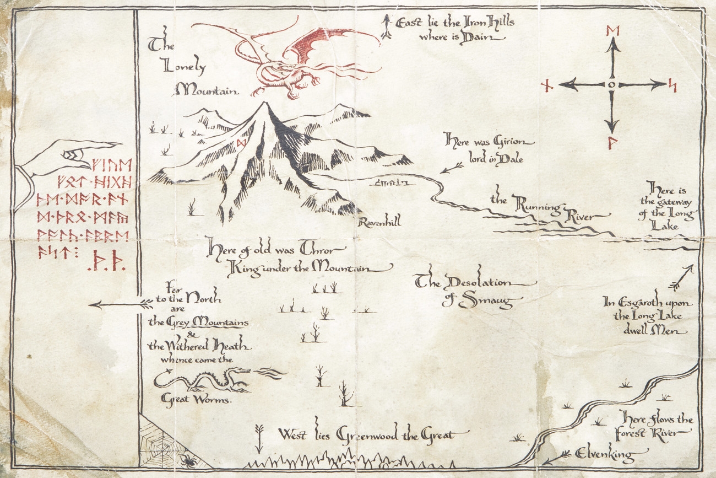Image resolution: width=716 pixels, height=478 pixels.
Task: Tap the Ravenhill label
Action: click(x=379, y=222)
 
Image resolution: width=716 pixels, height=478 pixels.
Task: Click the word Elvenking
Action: click(x=604, y=454)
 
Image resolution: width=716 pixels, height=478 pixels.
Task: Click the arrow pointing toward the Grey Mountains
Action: click(x=121, y=303)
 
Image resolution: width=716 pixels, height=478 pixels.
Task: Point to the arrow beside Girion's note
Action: click(x=452, y=167)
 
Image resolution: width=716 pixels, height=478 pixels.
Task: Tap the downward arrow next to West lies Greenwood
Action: click(x=260, y=437)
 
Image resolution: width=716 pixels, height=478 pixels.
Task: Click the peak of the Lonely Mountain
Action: click(x=266, y=104)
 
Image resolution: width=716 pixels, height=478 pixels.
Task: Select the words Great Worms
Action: click(x=197, y=399)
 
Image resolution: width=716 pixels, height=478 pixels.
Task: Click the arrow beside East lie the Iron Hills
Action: click(x=387, y=26)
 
